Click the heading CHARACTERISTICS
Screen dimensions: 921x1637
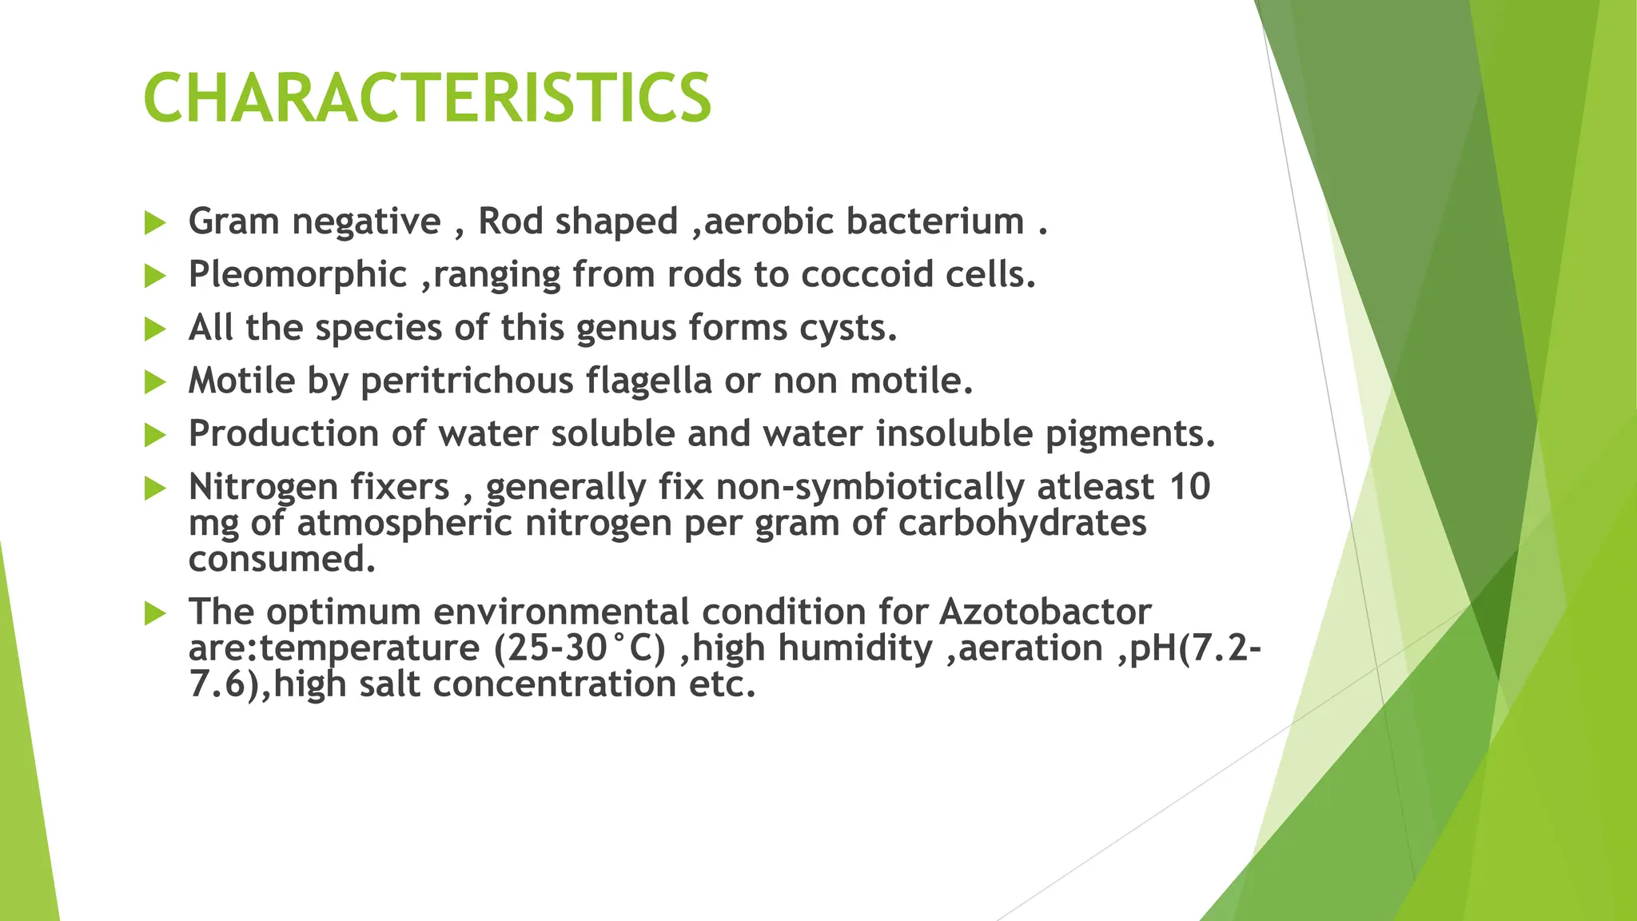(x=427, y=98)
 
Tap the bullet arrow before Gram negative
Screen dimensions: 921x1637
(x=154, y=223)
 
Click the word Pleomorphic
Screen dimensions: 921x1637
(x=297, y=275)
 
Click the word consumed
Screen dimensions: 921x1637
(x=281, y=559)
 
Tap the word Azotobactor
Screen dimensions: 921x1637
(x=1045, y=612)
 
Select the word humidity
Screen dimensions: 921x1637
(x=855, y=648)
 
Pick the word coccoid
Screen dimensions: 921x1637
(x=866, y=275)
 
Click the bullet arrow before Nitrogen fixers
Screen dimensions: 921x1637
(x=154, y=488)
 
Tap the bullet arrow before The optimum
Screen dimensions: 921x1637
(x=154, y=614)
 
